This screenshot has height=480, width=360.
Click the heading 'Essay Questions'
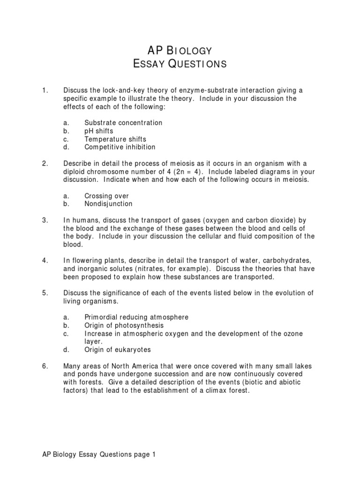[x=180, y=64]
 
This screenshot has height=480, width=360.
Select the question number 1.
[x=45, y=90]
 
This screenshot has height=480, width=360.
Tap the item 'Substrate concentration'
[x=123, y=123]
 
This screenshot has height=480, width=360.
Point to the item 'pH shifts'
[x=99, y=131]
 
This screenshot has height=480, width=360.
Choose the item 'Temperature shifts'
[x=115, y=139]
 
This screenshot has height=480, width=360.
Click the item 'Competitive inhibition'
[x=120, y=147]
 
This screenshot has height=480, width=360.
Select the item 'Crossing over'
[x=106, y=196]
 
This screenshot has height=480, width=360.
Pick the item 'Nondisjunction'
[x=108, y=204]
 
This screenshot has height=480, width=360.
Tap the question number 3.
[x=45, y=220]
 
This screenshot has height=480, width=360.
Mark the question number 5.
[x=45, y=293]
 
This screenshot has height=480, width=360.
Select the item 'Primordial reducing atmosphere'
[x=136, y=317]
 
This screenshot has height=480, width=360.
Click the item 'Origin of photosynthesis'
[x=124, y=325]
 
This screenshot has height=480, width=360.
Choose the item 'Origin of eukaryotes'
[x=118, y=350]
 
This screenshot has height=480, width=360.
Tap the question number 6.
[x=45, y=366]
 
